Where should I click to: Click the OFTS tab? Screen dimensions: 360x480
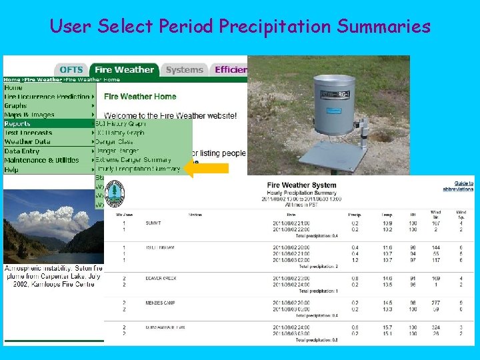tap(71, 69)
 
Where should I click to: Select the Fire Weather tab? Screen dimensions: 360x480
tap(124, 69)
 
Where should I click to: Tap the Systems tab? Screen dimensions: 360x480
tap(184, 69)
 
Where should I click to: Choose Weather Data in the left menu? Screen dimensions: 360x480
tap(27, 142)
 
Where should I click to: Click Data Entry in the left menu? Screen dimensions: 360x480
tap(22, 151)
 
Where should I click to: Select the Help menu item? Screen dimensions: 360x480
tap(12, 170)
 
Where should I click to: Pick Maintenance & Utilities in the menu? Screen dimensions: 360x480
tap(41, 161)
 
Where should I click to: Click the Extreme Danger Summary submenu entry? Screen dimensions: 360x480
tap(133, 160)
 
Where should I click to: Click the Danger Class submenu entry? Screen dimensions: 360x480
tap(115, 141)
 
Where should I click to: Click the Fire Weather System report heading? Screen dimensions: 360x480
tap(301, 185)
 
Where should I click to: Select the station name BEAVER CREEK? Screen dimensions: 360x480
tap(161, 278)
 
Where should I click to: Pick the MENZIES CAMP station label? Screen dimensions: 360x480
tap(160, 303)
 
